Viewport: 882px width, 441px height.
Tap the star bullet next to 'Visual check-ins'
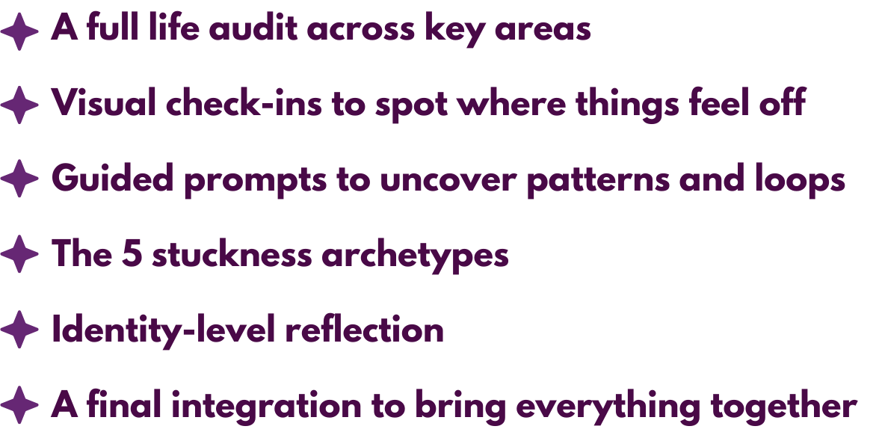pyautogui.click(x=19, y=105)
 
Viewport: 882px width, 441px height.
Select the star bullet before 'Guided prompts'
pyautogui.click(x=19, y=180)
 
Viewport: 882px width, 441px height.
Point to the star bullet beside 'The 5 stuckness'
pyautogui.click(x=19, y=255)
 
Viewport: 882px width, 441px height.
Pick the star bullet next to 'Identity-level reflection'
pyautogui.click(x=19, y=330)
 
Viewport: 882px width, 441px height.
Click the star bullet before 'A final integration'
pyautogui.click(x=19, y=406)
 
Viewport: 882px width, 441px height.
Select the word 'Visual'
pyautogui.click(x=104, y=104)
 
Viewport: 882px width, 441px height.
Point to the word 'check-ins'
pyautogui.click(x=244, y=104)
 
